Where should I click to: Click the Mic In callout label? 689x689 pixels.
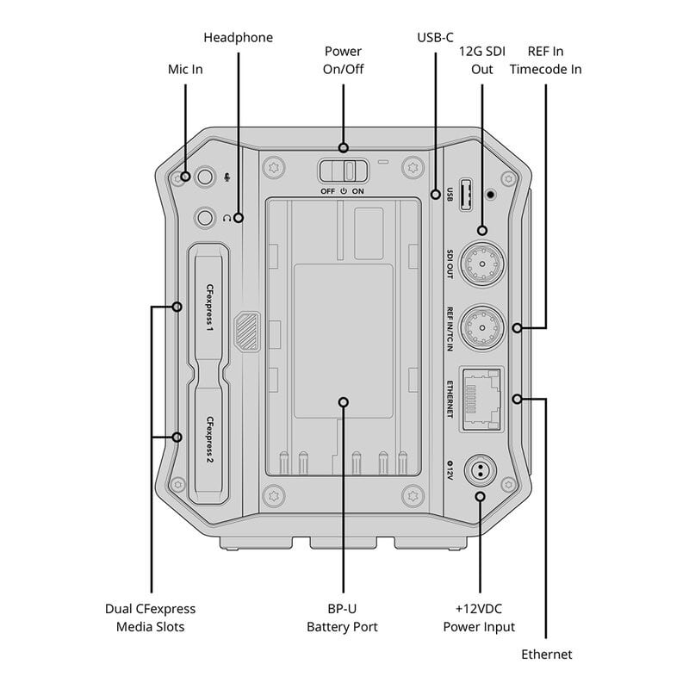point(186,69)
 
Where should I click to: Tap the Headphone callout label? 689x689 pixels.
point(238,38)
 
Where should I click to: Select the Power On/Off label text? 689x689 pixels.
point(343,59)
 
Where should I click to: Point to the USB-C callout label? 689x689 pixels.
point(434,38)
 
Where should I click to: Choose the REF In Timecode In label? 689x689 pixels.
point(545,59)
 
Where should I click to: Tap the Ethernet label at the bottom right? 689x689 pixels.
point(546,655)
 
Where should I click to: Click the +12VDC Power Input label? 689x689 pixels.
point(479,618)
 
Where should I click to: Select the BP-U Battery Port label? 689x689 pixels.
point(342,618)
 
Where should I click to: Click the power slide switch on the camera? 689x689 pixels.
point(343,168)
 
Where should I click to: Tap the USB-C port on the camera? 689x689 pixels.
point(465,195)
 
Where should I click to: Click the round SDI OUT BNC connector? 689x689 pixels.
point(481,259)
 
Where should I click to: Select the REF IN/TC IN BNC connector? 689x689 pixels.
point(481,326)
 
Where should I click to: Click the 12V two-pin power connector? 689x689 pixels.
point(480,470)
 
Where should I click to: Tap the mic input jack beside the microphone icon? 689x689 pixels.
point(205,177)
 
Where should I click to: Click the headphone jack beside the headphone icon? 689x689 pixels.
point(205,218)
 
